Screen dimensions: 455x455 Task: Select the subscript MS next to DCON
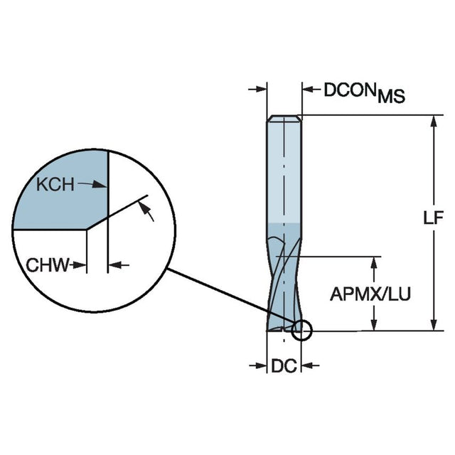point(391,97)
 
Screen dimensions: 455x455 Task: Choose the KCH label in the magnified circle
point(55,185)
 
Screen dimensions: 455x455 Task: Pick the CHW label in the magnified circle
point(48,265)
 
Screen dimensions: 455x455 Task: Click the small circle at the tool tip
point(302,330)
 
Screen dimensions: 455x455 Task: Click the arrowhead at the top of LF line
point(433,121)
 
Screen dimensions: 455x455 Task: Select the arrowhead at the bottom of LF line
point(433,325)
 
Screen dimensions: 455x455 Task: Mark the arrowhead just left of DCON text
point(309,90)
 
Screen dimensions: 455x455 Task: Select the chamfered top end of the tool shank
point(284,118)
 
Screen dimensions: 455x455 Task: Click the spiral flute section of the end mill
point(284,284)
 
